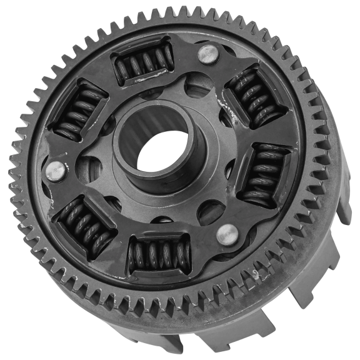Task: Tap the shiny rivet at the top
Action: [207, 54]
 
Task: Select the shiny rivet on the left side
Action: [56, 169]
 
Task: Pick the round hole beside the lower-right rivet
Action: [210, 212]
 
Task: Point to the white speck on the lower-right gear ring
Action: [257, 274]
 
